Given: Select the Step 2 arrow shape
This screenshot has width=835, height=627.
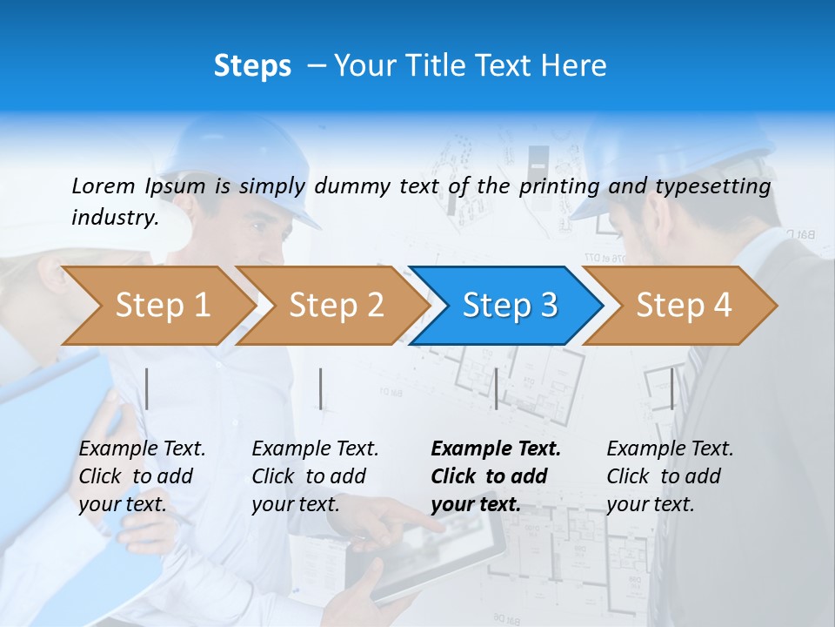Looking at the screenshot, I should tap(336, 306).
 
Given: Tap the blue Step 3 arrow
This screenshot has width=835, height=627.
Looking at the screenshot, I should tap(510, 306).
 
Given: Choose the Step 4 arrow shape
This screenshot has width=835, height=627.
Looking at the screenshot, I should tap(684, 306).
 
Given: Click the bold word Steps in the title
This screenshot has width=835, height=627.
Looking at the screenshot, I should tap(252, 66).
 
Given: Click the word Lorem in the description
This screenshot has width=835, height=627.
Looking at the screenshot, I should tap(103, 185).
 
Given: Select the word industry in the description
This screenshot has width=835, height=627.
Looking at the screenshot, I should tap(115, 217).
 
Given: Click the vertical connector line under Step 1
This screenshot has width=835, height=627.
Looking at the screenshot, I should tap(147, 388).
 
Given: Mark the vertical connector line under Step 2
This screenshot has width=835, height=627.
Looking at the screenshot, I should tap(321, 388).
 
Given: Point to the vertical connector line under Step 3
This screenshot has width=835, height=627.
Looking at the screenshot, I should tap(496, 388).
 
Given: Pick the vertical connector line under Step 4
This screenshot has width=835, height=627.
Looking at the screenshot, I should tap(671, 388).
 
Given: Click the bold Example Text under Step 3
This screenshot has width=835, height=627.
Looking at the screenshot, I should tap(496, 449).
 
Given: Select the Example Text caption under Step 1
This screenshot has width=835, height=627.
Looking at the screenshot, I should tap(142, 449).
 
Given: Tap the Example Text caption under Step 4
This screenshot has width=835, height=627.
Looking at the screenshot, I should tap(670, 449).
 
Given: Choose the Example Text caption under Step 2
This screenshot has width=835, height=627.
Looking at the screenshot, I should tap(315, 449).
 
